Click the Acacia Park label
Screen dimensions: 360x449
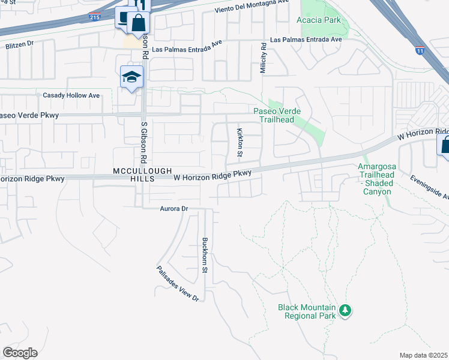tap(319, 20)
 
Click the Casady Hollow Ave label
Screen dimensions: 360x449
tap(71, 95)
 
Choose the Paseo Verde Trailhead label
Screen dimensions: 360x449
tap(277, 115)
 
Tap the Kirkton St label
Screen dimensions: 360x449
tap(240, 143)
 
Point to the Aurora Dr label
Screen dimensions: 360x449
tap(174, 208)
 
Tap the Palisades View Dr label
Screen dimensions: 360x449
tap(178, 284)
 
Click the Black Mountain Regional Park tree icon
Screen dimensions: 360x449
tap(345, 310)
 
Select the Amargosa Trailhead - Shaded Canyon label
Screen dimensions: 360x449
tap(376, 179)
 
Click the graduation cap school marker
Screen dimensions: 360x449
tap(131, 77)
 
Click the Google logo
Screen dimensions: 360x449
tap(20, 353)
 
